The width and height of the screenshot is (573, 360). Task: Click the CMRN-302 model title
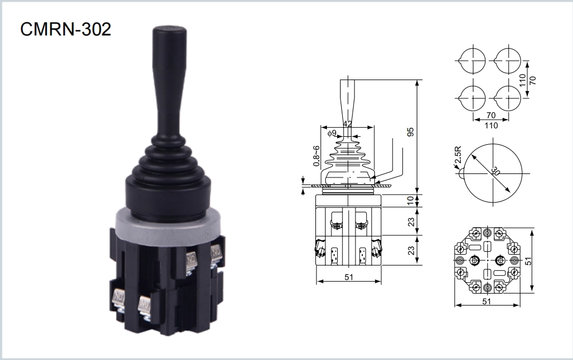(x=65, y=29)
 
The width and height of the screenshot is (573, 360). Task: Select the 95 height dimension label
(x=411, y=132)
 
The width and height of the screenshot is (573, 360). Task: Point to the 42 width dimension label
(x=347, y=124)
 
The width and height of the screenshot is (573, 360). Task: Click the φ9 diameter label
(x=332, y=133)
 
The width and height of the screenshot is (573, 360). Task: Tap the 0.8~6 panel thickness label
(x=317, y=156)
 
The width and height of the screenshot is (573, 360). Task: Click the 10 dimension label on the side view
(x=411, y=200)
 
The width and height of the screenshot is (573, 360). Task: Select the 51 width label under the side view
(x=349, y=276)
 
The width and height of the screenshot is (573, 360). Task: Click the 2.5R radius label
(x=458, y=155)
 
